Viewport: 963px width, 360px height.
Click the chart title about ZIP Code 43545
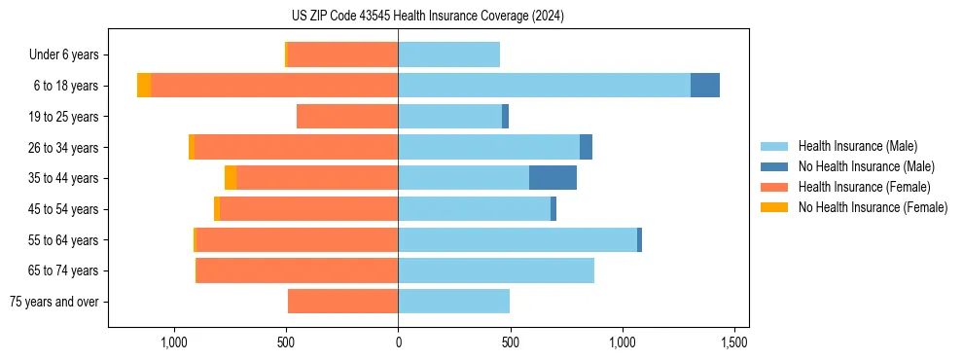coord(427,16)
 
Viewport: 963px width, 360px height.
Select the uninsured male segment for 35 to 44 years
coord(553,178)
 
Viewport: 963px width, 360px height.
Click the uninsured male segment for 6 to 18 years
coord(705,86)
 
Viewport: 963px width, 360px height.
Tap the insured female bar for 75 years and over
coord(342,302)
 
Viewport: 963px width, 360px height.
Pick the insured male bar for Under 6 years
coord(448,54)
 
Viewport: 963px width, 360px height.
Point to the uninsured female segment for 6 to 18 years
coord(144,86)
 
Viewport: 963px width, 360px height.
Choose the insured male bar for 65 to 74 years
coord(496,270)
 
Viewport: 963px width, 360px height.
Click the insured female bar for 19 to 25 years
coord(347,117)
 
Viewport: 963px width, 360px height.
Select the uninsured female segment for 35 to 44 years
coord(231,178)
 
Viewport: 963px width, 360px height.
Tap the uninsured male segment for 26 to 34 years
coord(586,147)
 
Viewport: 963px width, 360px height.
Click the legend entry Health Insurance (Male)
coord(857,146)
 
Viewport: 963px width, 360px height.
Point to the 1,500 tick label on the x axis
coord(734,343)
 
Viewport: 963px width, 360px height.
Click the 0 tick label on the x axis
coord(398,343)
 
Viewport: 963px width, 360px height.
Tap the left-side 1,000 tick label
coord(173,343)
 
